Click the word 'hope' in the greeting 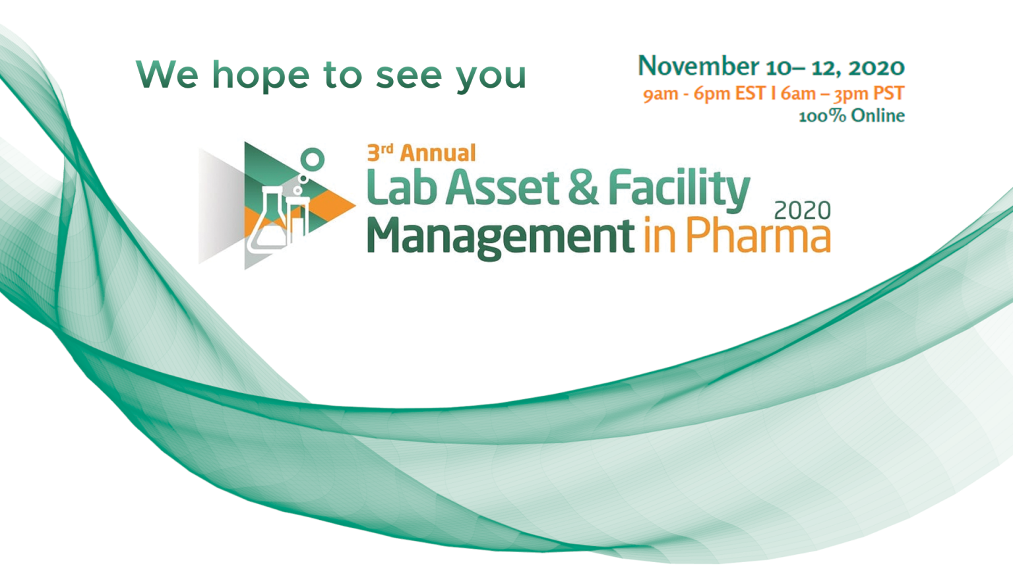pyautogui.click(x=260, y=76)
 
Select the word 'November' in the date pyautogui.click(x=698, y=67)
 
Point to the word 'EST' pyautogui.click(x=750, y=94)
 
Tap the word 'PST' pyautogui.click(x=888, y=94)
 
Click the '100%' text pyautogui.click(x=822, y=116)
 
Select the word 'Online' pyautogui.click(x=878, y=115)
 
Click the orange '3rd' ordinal pyautogui.click(x=380, y=152)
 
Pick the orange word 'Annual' pyautogui.click(x=438, y=153)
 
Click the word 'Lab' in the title pyautogui.click(x=402, y=187)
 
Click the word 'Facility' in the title pyautogui.click(x=679, y=188)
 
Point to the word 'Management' pyautogui.click(x=500, y=236)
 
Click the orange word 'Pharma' pyautogui.click(x=758, y=236)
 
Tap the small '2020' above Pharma pyautogui.click(x=802, y=210)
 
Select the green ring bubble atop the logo pyautogui.click(x=312, y=159)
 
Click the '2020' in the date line pyautogui.click(x=876, y=67)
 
